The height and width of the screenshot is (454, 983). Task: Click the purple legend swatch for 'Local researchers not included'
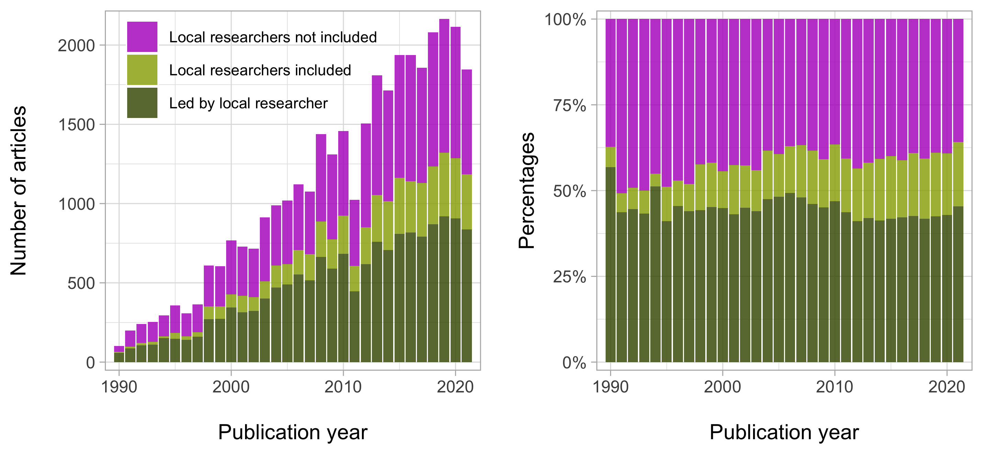[x=142, y=37]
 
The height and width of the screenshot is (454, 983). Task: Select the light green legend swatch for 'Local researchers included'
[x=142, y=69]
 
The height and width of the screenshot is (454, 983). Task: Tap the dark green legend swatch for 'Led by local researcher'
[x=142, y=103]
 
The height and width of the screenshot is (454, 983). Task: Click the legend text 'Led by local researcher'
[x=248, y=103]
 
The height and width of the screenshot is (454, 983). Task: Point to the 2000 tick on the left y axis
[x=76, y=46]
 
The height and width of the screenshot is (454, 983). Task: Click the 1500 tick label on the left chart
[x=76, y=125]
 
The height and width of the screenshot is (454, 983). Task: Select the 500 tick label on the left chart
[x=81, y=283]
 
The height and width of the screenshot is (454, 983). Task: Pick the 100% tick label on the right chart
[x=565, y=20]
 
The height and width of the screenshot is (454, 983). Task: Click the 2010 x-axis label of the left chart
[x=343, y=387]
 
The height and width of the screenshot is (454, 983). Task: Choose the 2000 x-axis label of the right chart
[x=722, y=387]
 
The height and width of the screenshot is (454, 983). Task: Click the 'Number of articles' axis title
[x=18, y=191]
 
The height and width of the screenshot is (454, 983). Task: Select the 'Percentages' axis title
[x=527, y=191]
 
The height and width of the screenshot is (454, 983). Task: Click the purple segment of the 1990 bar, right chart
[x=610, y=82]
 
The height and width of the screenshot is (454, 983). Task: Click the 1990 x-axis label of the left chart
[x=119, y=387]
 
